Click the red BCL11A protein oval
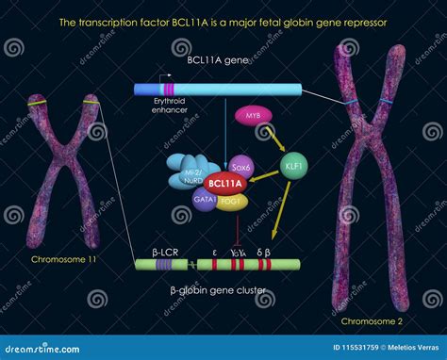point(224,185)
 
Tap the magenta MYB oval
point(253,116)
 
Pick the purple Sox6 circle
point(241,167)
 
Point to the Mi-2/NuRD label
point(190,180)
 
